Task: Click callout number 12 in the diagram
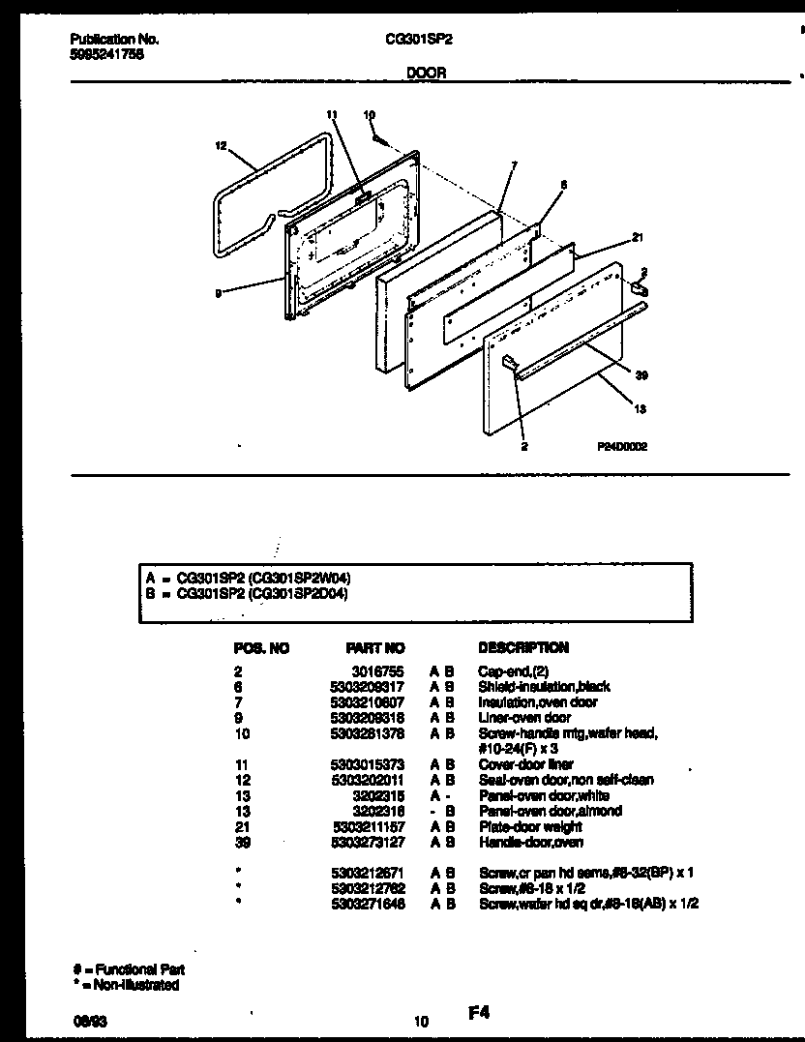(x=221, y=146)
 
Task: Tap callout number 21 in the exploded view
(x=637, y=237)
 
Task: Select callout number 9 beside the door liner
(x=219, y=294)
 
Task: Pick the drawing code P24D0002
(x=622, y=448)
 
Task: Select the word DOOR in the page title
(x=426, y=73)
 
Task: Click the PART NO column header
(x=375, y=647)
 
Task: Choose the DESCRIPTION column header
(x=523, y=647)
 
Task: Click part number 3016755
(x=382, y=670)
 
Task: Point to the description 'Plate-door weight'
(x=530, y=827)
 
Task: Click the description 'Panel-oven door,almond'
(x=550, y=811)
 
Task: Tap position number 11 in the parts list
(x=241, y=764)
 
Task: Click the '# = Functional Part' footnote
(x=128, y=969)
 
